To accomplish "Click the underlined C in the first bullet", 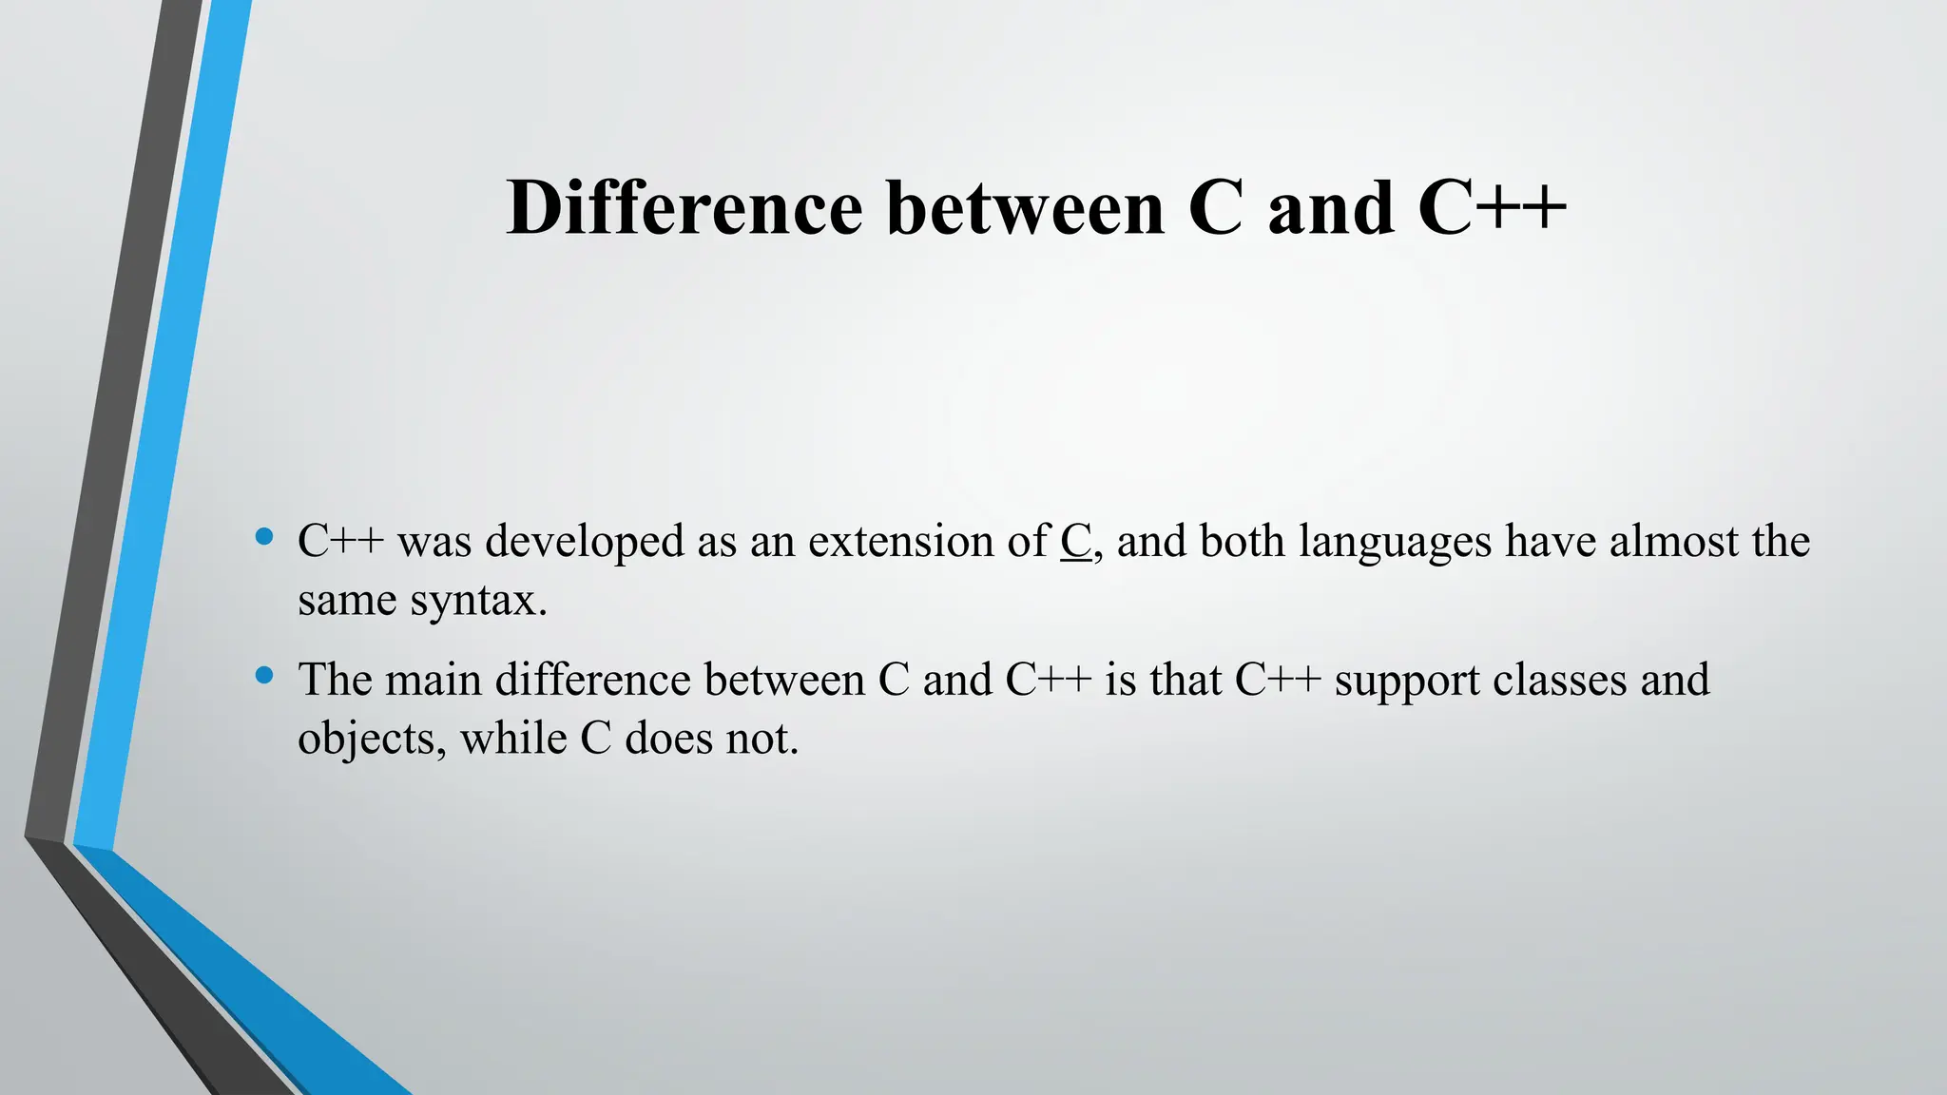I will point(1075,542).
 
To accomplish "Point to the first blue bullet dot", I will point(265,538).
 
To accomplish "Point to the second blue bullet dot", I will point(265,676).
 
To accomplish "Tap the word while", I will point(513,739).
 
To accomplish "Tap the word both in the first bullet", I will point(1242,542).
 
